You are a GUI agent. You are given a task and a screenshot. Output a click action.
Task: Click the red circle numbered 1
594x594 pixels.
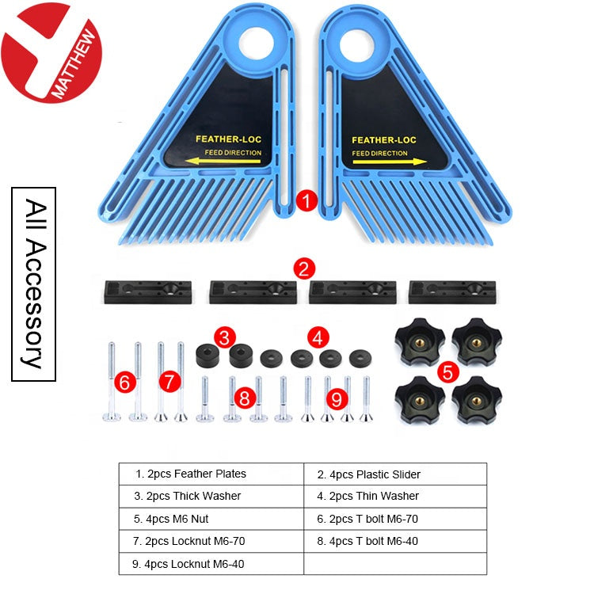307,200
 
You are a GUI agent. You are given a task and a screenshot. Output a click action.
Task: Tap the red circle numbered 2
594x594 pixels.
304,268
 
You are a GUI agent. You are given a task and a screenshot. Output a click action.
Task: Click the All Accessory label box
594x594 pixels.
33,284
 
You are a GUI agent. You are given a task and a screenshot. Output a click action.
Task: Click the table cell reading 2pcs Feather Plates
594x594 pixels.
211,474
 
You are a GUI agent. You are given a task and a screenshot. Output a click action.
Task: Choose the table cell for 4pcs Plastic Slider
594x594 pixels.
394,474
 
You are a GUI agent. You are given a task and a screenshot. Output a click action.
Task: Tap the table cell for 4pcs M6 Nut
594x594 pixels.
211,519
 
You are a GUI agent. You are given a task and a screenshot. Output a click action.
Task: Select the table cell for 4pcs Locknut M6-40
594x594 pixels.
211,563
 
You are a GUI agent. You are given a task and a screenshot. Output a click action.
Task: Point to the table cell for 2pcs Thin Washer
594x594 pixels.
394,496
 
